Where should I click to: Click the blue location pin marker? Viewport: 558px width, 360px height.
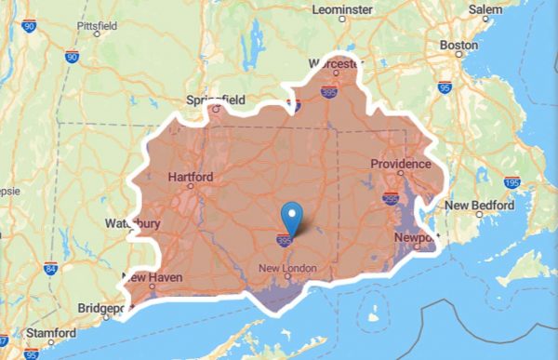tap(293, 217)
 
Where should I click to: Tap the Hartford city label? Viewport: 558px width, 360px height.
tap(191, 177)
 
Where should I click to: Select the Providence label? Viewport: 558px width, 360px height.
tap(401, 165)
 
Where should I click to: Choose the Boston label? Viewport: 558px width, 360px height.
tap(458, 44)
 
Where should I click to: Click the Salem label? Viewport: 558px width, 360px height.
tap(492, 8)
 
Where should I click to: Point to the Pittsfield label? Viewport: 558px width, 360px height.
tap(98, 25)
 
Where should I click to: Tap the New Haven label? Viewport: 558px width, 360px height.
tap(152, 277)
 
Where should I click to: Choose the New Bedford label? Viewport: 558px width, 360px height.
tap(479, 205)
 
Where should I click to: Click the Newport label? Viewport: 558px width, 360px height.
tap(417, 238)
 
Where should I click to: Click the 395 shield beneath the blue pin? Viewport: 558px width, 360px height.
tap(284, 241)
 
